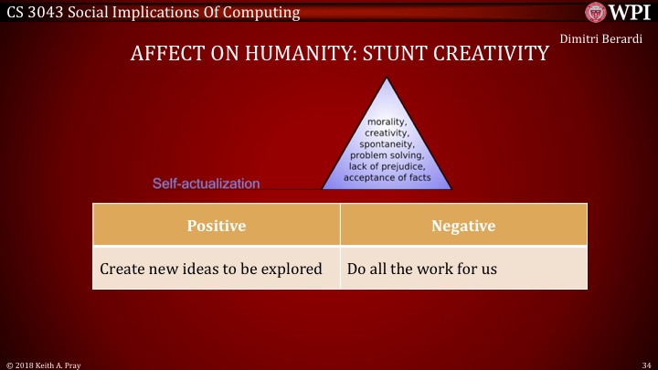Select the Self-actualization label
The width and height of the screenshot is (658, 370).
click(206, 184)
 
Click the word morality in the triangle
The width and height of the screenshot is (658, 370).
click(387, 122)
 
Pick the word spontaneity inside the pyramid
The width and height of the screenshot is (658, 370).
click(387, 144)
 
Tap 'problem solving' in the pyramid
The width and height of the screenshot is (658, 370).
click(387, 155)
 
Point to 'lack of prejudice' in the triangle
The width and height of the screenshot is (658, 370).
click(387, 166)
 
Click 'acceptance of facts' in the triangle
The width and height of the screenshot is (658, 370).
click(387, 177)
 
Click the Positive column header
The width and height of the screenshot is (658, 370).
click(216, 226)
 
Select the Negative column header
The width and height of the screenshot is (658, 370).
click(462, 226)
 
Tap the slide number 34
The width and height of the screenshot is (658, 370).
click(646, 364)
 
